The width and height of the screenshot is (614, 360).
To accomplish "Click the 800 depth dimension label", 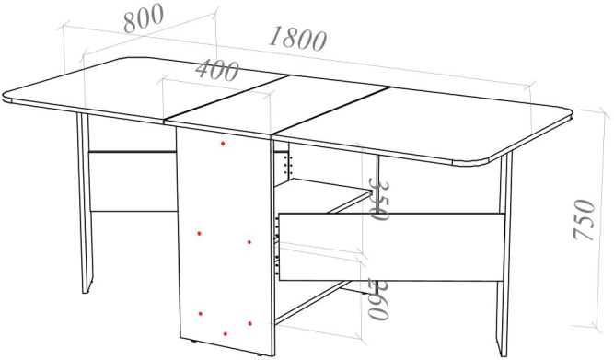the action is coord(144,18).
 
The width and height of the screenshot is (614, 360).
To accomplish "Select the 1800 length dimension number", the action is coord(297,39).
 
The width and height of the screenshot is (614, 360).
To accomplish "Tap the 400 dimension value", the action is coord(217,71).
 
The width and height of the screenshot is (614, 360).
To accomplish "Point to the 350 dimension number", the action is coord(378,200).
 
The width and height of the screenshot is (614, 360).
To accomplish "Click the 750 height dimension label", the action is coord(584,220).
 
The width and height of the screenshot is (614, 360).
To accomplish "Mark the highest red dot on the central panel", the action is coord(223,144).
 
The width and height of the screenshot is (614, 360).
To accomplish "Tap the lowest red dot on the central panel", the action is coord(226,333).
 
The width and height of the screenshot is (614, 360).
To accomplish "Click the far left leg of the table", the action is coord(85,203).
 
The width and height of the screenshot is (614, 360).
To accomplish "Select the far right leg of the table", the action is coord(504,255).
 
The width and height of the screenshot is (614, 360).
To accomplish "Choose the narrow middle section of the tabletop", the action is coord(276,107).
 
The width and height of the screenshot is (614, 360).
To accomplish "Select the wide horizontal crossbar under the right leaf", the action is coord(391,247).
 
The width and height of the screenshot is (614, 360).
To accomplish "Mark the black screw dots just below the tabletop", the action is coord(290,165).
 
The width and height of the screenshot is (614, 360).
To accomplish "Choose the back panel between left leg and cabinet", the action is coord(133,181).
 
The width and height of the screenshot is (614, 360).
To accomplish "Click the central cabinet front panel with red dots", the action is coord(226,241).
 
